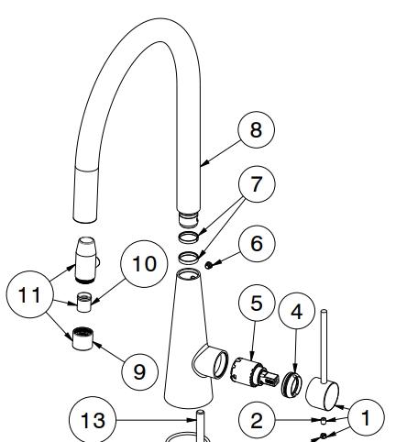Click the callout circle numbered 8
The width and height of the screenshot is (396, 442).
(256, 129)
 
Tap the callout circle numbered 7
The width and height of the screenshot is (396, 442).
(257, 184)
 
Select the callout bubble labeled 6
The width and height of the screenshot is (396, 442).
(257, 243)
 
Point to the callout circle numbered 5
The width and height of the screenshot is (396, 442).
(257, 303)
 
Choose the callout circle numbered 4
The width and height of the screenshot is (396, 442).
(297, 311)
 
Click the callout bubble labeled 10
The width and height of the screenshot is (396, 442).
(144, 264)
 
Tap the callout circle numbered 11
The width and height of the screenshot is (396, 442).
(29, 294)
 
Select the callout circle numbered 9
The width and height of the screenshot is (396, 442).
(140, 371)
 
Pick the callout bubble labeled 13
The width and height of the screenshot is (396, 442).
(93, 420)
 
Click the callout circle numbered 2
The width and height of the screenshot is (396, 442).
(257, 420)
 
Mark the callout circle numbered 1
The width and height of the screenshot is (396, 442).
(366, 417)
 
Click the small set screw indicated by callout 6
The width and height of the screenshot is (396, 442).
(209, 265)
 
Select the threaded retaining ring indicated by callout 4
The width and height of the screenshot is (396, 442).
(291, 383)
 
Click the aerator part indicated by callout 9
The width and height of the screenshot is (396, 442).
(82, 338)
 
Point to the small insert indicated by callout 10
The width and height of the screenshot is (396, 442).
(83, 303)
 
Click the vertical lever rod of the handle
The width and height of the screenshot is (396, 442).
(324, 347)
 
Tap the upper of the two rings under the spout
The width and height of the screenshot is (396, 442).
(188, 238)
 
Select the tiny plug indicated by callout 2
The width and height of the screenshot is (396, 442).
(324, 421)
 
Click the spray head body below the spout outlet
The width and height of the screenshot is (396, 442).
(85, 260)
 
